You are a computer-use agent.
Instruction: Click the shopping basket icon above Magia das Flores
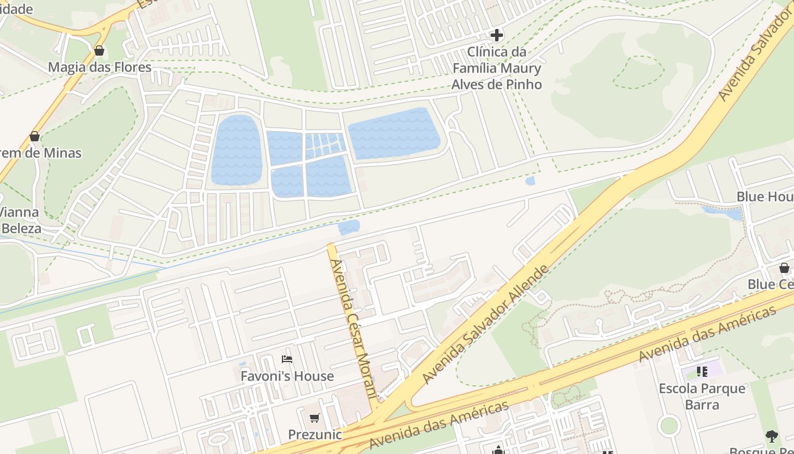[99, 51]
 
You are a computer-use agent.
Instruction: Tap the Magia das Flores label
[99, 68]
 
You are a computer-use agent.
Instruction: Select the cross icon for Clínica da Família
[496, 35]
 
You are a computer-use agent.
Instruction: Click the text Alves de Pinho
[496, 85]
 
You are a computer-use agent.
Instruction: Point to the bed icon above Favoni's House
[287, 359]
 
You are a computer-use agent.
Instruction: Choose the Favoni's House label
[287, 376]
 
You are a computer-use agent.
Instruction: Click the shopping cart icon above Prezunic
[315, 418]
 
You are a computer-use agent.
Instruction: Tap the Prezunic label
[315, 435]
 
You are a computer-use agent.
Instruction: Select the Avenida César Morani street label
[353, 329]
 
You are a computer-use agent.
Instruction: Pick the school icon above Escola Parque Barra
[702, 372]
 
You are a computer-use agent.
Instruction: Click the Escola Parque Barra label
[702, 396]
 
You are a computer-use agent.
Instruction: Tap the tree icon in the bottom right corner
[771, 436]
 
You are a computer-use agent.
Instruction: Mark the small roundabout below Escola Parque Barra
[669, 425]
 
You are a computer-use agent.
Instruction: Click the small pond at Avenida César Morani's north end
[349, 228]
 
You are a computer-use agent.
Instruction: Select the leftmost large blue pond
[237, 150]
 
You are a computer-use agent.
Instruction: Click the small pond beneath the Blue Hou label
[723, 213]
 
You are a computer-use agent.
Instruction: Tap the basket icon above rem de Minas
[35, 137]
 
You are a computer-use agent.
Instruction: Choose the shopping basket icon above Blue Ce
[784, 268]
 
